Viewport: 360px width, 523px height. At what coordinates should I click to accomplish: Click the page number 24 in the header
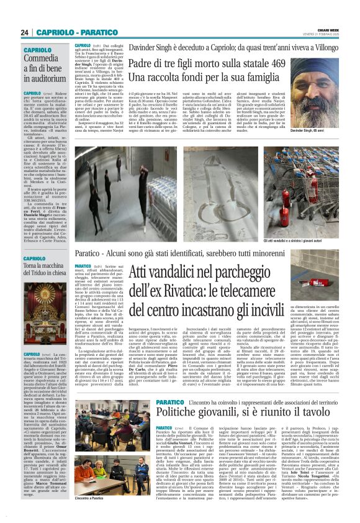24,32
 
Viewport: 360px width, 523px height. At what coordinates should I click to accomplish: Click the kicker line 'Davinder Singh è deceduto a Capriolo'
221,47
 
